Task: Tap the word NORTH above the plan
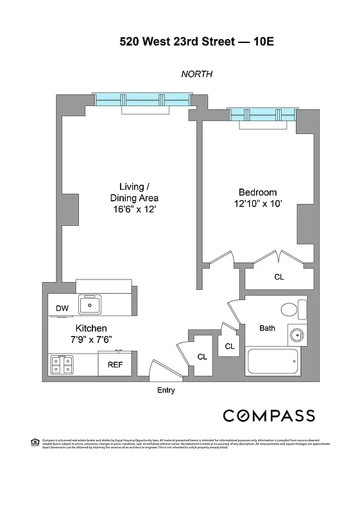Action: tap(197, 74)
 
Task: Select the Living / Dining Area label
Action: tap(133, 198)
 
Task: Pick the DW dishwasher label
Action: tap(62, 308)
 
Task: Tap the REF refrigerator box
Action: tap(115, 365)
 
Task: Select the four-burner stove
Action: tap(62, 365)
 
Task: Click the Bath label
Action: tap(267, 328)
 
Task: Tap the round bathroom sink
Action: tap(296, 334)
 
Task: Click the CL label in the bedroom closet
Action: tap(279, 278)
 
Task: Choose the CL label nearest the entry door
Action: tap(201, 357)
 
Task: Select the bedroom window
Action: tap(262, 115)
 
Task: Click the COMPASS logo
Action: tap(269, 416)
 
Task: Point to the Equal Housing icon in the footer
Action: tap(35, 441)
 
